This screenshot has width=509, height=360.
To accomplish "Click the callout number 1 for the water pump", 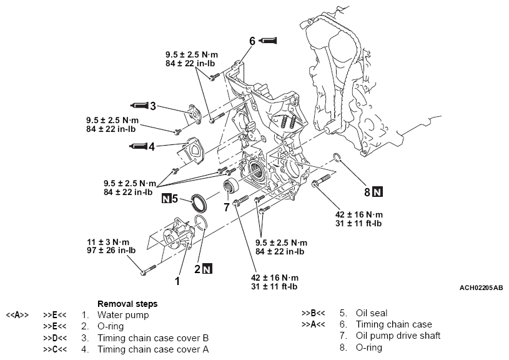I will point(177,281).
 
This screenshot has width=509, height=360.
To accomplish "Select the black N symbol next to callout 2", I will point(207,269).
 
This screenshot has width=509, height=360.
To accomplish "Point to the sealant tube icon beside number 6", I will point(268,41).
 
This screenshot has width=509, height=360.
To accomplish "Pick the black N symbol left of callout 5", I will point(166,199).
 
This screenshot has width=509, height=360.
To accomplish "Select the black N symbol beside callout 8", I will point(378,191).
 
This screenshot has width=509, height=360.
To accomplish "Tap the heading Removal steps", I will point(127,304).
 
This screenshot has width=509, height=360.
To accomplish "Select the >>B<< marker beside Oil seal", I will point(313,313).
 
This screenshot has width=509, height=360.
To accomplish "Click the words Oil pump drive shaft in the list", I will point(398,336).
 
